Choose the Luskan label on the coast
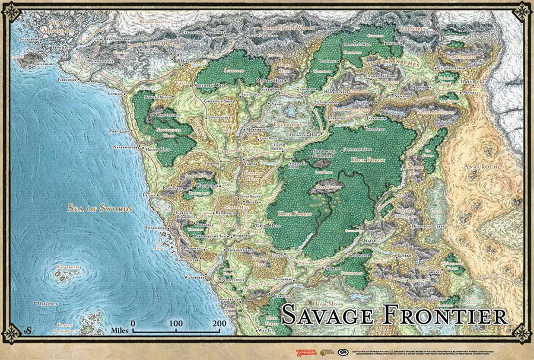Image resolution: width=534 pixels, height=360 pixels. [115, 94]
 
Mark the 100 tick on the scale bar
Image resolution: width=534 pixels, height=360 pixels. [176, 324]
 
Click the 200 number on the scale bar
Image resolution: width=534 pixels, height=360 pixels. [219, 324]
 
